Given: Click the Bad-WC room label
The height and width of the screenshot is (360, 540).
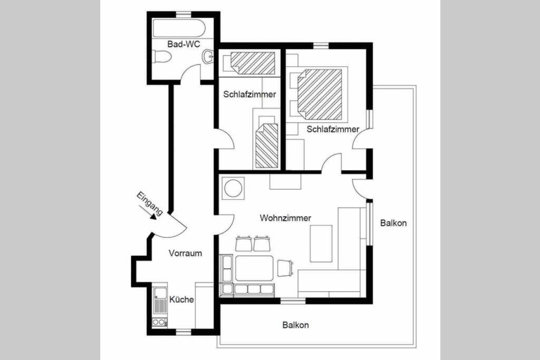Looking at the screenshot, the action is [183, 44].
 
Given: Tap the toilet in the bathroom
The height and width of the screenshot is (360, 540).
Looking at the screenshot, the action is [161, 57].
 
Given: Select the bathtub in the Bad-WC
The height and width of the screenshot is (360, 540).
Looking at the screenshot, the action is [179, 28].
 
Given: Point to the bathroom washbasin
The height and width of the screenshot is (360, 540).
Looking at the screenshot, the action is [208, 56].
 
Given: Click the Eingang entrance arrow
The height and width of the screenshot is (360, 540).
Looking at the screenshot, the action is [147, 212].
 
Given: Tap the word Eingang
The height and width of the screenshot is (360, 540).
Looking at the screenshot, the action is [150, 203].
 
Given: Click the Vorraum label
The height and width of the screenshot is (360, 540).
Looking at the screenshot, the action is [185, 254].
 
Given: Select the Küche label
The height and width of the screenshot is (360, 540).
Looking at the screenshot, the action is [181, 299].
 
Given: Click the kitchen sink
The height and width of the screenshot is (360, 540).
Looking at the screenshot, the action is [160, 299].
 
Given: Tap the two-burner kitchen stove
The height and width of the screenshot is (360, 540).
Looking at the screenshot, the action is [160, 322].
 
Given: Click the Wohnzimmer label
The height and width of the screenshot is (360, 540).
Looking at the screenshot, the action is [285, 218].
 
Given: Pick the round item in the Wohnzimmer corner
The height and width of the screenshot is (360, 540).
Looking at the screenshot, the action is [233, 188].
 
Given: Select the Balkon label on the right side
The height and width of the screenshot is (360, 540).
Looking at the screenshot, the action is [393, 223].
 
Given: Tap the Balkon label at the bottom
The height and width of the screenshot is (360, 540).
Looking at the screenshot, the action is [295, 325].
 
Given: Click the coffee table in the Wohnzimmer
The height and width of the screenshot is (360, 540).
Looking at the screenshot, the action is [321, 244].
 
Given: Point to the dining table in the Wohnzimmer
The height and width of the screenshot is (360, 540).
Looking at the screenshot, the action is [254, 267].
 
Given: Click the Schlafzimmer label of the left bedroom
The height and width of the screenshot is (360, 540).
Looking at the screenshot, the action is [249, 94].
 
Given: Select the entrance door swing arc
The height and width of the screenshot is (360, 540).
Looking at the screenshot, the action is [176, 230].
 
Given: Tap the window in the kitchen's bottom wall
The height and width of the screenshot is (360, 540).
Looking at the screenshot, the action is [183, 332].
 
